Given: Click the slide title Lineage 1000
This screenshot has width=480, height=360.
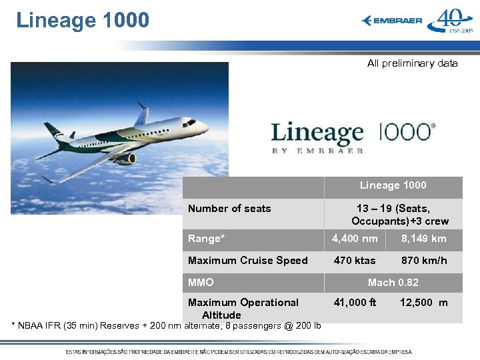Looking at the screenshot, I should click(x=83, y=20).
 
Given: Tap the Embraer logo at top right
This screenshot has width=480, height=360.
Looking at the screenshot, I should click(x=392, y=21).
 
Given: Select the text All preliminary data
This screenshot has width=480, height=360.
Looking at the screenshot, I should click(x=412, y=63).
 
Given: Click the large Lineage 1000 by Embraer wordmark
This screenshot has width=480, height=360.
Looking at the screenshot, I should click(x=353, y=137).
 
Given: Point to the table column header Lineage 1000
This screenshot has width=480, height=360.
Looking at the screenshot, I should click(x=393, y=185).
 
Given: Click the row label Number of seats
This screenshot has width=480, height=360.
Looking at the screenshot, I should click(x=229, y=209).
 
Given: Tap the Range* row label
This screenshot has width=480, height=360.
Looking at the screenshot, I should click(x=206, y=239).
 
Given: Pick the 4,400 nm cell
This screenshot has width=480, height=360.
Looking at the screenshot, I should click(x=355, y=239).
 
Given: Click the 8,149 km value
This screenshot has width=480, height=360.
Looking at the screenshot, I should click(x=423, y=239).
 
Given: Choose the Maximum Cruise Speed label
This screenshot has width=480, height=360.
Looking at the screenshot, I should click(x=247, y=261).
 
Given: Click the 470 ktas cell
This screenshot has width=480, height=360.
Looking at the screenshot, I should click(x=355, y=261).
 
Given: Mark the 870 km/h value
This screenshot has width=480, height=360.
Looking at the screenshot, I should click(x=423, y=261).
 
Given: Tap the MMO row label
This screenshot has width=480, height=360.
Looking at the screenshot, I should click(x=201, y=283).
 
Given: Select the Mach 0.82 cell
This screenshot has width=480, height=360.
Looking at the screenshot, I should click(x=393, y=283).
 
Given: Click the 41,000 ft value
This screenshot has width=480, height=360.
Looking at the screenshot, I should click(x=355, y=303).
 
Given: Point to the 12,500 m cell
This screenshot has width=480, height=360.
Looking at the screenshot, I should click(x=423, y=303).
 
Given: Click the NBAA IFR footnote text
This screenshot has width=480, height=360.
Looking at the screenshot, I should click(x=167, y=326).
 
